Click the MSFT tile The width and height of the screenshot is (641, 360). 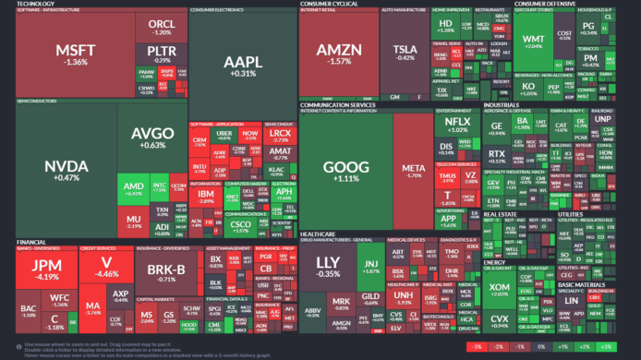click(x=71, y=54)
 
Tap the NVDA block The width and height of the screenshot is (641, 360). click(x=67, y=171)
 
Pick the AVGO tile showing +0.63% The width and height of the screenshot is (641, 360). click(x=152, y=138)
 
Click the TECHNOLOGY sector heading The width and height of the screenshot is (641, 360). click(x=37, y=4)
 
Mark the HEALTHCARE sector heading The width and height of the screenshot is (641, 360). click(x=319, y=234)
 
